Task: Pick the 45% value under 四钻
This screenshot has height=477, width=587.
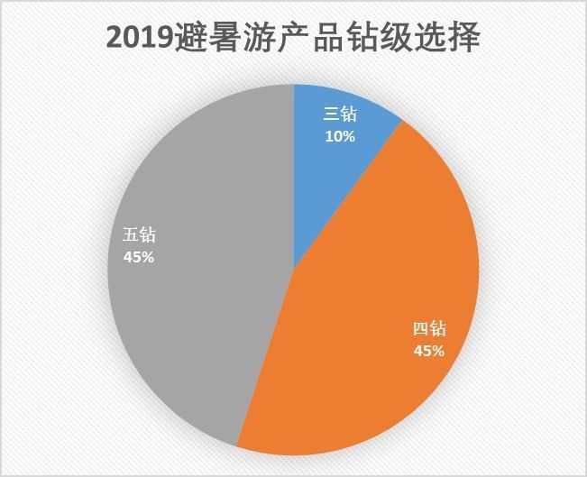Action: click(x=429, y=351)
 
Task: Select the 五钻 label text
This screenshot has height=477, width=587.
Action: click(x=139, y=236)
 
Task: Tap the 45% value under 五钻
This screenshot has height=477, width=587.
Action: click(x=139, y=257)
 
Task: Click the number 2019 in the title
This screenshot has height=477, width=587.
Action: click(x=140, y=38)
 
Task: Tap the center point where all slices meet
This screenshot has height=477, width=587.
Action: click(x=294, y=268)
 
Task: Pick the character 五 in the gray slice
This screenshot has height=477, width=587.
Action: click(x=130, y=236)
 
